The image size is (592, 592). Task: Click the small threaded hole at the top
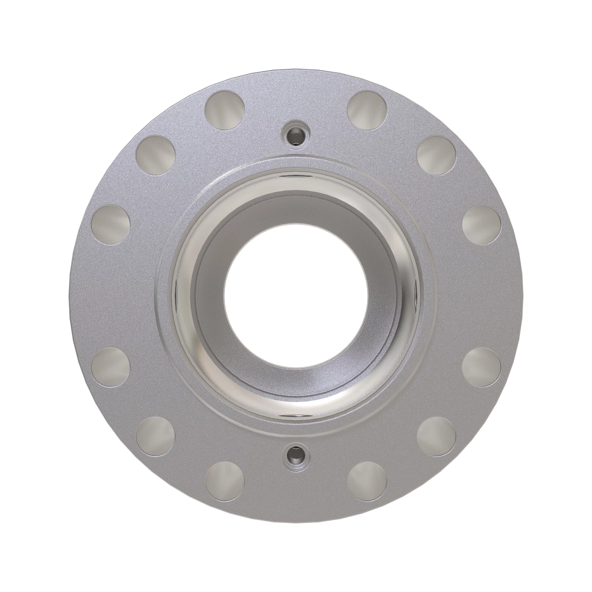[x=296, y=132]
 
